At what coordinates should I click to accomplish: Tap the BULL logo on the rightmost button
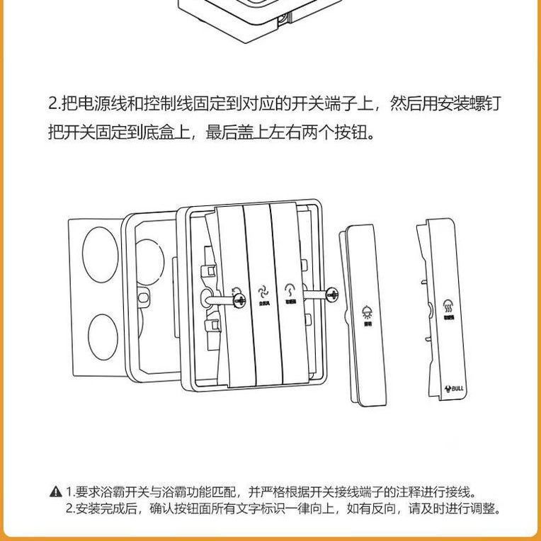(x=454, y=389)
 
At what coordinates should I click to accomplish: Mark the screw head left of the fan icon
(x=235, y=291)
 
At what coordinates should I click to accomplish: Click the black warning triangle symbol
(x=56, y=491)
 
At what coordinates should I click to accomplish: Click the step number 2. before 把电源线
(x=55, y=105)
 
